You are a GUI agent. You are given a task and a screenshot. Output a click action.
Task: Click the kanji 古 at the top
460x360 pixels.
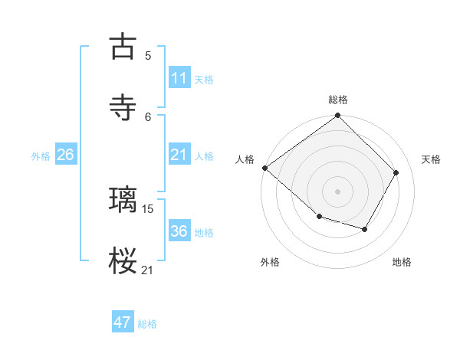click(x=123, y=47)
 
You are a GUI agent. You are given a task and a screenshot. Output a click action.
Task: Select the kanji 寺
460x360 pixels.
click(x=123, y=107)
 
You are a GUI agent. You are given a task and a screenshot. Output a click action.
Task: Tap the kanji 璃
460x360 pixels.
click(x=123, y=200)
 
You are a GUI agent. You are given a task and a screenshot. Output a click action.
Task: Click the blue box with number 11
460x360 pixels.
click(x=179, y=78)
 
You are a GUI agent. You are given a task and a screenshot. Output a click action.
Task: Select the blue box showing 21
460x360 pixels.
click(x=179, y=155)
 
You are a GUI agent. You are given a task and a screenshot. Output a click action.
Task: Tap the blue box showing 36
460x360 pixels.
click(x=179, y=231)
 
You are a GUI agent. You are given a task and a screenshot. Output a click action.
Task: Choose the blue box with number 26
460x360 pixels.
click(x=65, y=155)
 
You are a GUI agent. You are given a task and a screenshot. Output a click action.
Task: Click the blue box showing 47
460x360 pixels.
click(x=123, y=322)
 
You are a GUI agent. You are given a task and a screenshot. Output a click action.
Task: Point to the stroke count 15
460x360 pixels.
click(x=148, y=208)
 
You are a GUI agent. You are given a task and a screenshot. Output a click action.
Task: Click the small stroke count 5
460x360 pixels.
click(x=148, y=55)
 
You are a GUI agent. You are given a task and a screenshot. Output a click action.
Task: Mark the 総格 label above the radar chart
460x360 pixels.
click(x=337, y=100)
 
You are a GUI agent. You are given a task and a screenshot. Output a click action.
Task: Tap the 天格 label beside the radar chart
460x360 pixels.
click(x=431, y=159)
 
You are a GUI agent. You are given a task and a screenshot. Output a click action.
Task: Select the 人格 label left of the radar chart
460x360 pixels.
click(x=245, y=159)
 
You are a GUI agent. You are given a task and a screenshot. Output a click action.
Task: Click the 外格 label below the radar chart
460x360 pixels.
click(x=269, y=263)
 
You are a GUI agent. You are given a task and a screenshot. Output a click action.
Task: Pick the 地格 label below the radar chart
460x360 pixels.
click(x=402, y=263)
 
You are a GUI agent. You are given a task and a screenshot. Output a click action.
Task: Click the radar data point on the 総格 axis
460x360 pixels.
click(x=337, y=116)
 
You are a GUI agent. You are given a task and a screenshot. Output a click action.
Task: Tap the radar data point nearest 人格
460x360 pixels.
click(x=264, y=168)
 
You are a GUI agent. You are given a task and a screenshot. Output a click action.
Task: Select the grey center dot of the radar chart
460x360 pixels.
click(x=337, y=191)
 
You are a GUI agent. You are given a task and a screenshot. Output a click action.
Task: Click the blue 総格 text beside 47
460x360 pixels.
click(x=147, y=324)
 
